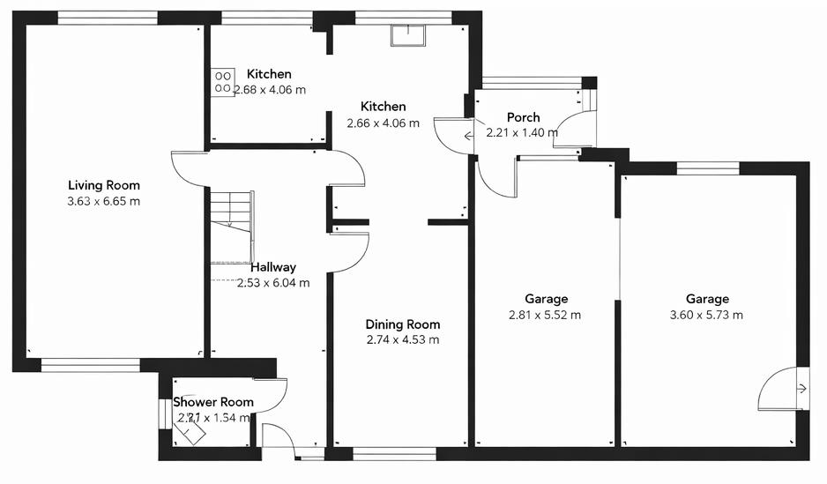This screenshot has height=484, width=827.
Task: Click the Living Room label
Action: tap(104, 185)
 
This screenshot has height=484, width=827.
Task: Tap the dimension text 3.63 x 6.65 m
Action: tap(104, 201)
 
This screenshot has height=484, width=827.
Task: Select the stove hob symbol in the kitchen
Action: tap(222, 82)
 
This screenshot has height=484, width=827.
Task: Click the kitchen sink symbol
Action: tap(408, 34)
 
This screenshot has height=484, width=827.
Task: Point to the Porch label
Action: tap(523, 117)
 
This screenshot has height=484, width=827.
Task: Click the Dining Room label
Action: tap(402, 324)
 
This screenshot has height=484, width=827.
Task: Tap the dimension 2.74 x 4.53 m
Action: tap(402, 339)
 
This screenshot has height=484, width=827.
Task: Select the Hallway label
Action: tap(273, 267)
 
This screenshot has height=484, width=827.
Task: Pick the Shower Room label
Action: tap(213, 402)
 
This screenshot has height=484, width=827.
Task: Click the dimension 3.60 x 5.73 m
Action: tap(707, 315)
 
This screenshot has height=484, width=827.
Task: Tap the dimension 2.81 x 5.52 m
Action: tap(544, 315)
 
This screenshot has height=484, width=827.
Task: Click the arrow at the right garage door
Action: tap(801, 388)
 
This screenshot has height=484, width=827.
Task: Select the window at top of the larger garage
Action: tap(707, 168)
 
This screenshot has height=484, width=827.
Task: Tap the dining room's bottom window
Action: tap(394, 454)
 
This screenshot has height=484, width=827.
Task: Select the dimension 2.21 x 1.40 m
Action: tap(522, 133)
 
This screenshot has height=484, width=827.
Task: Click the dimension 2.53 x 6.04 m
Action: tap(273, 283)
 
